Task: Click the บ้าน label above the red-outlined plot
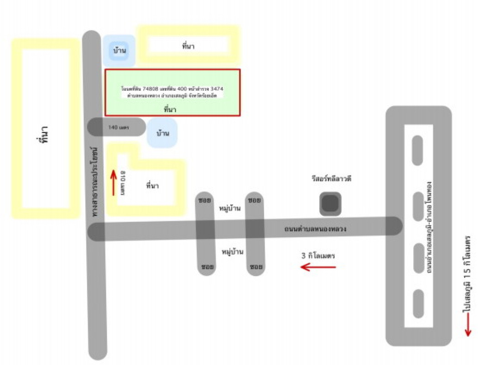pos(119,50)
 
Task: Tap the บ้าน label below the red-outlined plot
pos(162,133)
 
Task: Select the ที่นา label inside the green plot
pos(170,109)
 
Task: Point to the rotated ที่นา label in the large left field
pos(45,133)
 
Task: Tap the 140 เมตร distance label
pos(119,127)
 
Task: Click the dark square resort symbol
pos(330,204)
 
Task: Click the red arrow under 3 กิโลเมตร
pos(318,267)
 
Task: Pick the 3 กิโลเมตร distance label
pos(318,256)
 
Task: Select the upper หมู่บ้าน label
pos(230,208)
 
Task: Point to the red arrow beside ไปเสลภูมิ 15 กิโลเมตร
pos(467,326)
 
